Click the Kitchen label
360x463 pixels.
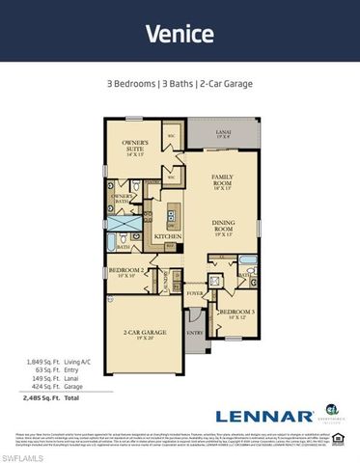coord(169,235)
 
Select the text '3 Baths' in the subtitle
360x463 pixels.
coord(180,84)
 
